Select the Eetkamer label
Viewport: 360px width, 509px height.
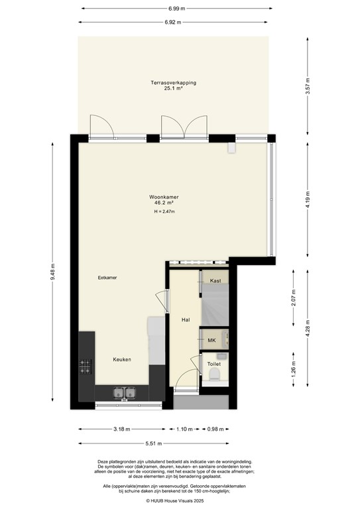(x=107, y=278)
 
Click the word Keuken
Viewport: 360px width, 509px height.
(x=121, y=359)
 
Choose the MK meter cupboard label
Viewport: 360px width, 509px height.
(x=212, y=341)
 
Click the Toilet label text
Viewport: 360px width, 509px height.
(x=214, y=364)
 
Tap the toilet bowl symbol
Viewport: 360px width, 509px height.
(x=213, y=378)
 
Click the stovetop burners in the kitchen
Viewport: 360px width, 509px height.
(x=86, y=365)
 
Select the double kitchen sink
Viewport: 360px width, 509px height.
(x=124, y=393)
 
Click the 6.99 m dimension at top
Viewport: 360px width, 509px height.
(x=177, y=9)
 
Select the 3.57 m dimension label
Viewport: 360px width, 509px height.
(x=306, y=86)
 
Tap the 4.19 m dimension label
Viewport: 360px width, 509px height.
(x=306, y=196)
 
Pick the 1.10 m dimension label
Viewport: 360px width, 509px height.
(x=185, y=429)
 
